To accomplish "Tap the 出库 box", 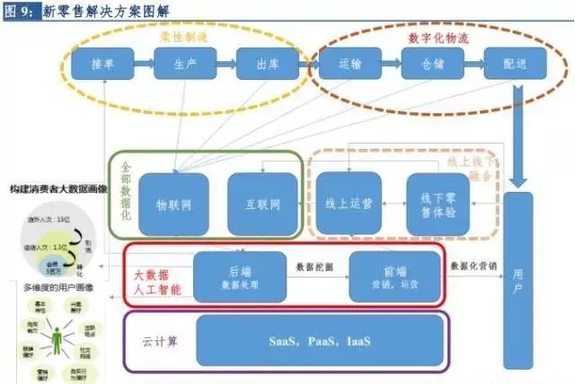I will [264, 65].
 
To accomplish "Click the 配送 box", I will [514, 65].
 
